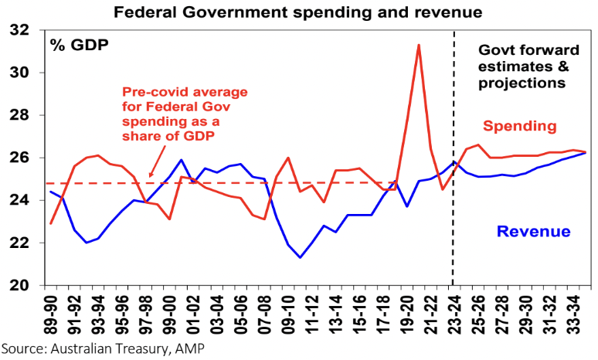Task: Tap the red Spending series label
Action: (520, 126)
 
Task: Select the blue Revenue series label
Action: (533, 231)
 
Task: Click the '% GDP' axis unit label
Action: (80, 44)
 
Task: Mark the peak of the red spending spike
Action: (418, 45)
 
